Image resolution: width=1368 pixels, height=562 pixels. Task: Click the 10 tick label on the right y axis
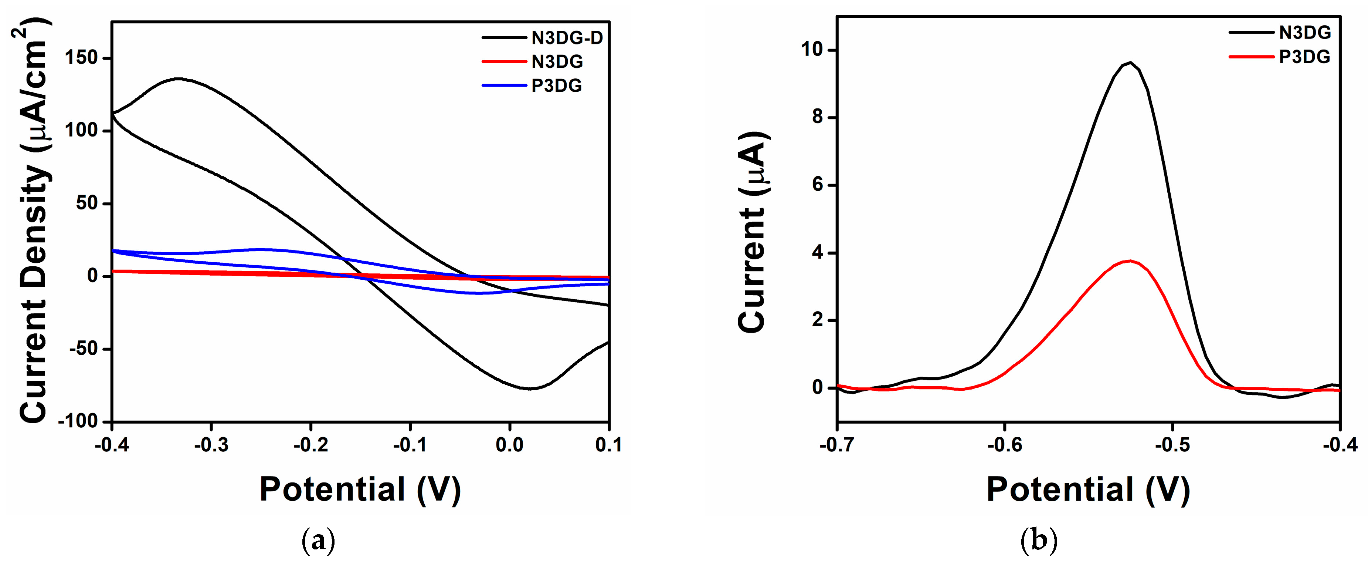pos(811,50)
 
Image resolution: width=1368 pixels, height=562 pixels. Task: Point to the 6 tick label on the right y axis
pos(817,185)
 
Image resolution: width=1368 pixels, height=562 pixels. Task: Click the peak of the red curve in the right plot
pos(1130,260)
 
